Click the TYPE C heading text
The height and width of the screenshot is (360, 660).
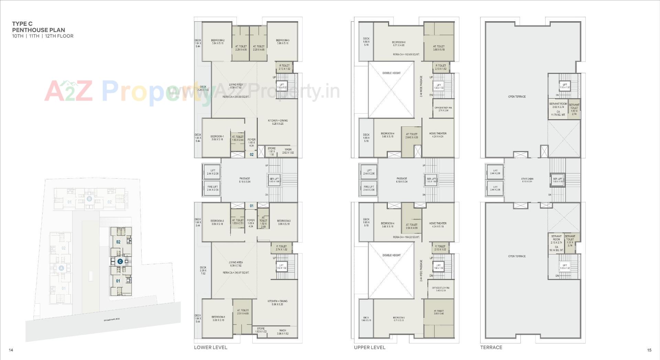22,24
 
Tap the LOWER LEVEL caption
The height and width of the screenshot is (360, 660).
210,347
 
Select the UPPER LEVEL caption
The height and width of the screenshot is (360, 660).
370,347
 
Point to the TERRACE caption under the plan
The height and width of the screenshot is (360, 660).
491,347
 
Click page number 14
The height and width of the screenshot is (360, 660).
11,350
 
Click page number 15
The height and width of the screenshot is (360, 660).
649,350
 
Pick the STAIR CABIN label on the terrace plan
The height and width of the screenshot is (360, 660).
527,179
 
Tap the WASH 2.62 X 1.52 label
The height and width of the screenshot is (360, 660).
288,151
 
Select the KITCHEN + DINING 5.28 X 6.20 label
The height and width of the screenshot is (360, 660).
278,122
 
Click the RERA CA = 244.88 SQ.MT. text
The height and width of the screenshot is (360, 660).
236,97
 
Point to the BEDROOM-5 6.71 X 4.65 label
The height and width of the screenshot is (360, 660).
398,44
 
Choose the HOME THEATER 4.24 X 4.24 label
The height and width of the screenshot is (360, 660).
438,135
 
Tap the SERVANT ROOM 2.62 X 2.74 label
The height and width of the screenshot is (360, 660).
558,105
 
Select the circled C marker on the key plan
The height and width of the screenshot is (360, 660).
120,261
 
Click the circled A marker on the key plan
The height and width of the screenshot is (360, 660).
61,268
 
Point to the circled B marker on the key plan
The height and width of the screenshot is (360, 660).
89,199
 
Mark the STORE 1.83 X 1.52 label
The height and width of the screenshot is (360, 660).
261,330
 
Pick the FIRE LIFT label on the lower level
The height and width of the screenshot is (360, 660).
213,188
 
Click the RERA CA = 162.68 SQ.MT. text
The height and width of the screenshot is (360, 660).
406,54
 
